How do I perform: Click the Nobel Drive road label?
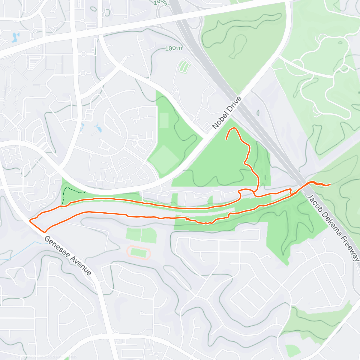(227, 113)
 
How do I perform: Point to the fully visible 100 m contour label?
(174, 48)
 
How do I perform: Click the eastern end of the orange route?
(330, 184)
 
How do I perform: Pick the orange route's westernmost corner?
(30, 220)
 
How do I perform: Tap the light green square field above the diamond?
(164, 120)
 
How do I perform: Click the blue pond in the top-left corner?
(14, 37)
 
